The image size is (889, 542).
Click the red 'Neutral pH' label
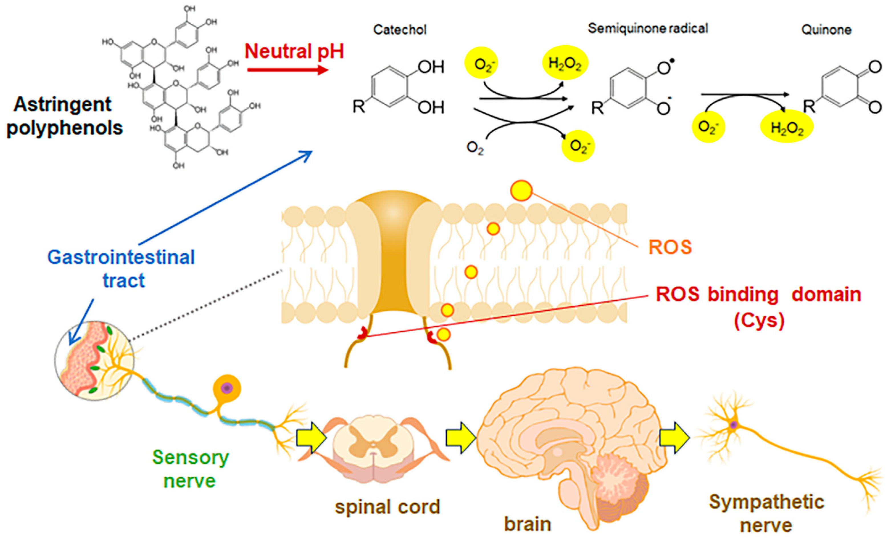point(294,52)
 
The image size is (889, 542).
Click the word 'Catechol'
point(400,30)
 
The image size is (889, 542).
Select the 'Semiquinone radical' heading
point(648,28)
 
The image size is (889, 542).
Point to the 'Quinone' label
point(826,30)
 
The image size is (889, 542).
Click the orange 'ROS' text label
point(670,247)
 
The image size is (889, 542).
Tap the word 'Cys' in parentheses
point(760,320)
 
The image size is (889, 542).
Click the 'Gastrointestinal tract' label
point(121,268)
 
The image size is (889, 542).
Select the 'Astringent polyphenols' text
point(64,116)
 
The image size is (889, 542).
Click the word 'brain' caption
point(527,524)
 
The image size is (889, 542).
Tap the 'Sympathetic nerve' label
point(766,513)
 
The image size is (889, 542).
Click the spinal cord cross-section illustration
point(373,447)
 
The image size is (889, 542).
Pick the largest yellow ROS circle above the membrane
point(521,191)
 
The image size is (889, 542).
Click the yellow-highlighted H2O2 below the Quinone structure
point(787,127)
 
